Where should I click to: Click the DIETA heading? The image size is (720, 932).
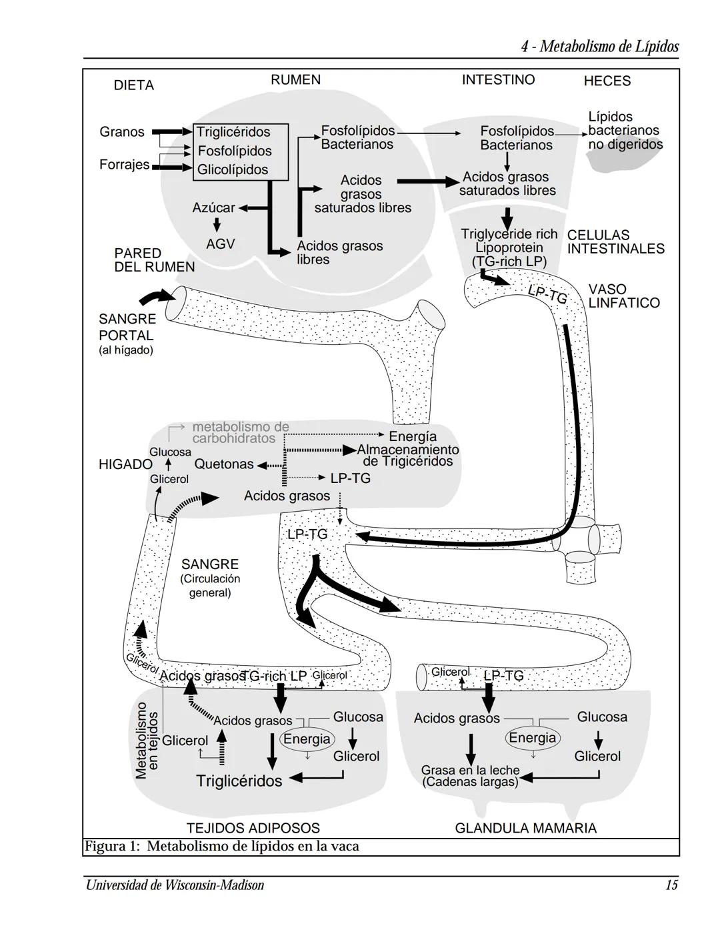point(133,85)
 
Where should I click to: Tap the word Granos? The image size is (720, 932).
point(122,132)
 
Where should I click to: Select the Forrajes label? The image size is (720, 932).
point(124,164)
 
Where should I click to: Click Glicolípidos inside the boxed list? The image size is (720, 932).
point(232,170)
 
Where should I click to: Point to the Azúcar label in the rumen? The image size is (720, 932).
point(213,208)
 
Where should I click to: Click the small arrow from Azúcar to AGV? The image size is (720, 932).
point(217,225)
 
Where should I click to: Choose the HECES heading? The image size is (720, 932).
point(607,81)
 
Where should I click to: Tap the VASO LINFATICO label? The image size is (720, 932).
point(623,296)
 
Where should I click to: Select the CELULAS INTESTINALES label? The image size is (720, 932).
point(615,242)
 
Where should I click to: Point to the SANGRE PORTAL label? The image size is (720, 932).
point(126,328)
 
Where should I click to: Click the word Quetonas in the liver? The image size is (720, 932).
point(224,464)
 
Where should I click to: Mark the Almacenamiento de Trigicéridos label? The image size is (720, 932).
point(407,456)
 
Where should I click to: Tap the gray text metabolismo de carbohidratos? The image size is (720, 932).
point(241,432)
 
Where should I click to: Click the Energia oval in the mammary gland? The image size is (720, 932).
point(532,738)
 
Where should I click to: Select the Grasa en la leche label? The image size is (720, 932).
point(470,776)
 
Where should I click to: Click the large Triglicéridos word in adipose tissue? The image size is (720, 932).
point(239,781)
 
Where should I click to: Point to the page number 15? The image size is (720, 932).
point(671,885)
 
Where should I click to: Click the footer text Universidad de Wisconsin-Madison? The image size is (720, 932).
point(175,885)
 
